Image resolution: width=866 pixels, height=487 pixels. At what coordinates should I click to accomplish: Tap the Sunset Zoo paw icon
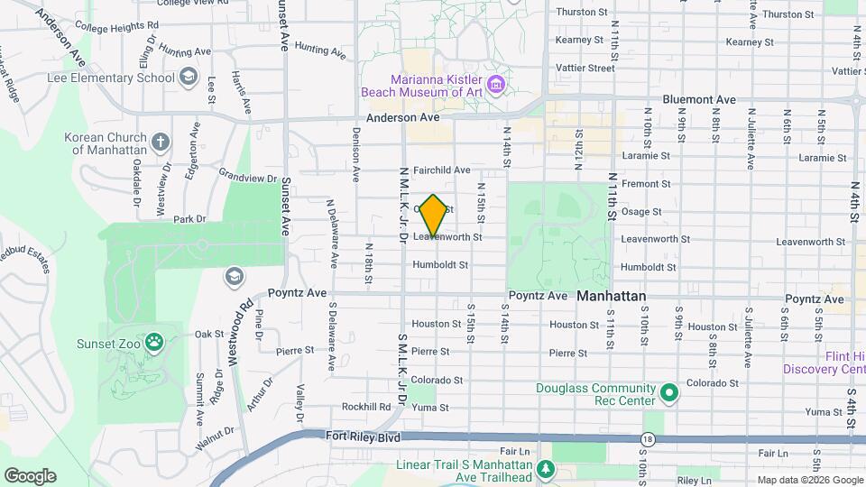point(155,342)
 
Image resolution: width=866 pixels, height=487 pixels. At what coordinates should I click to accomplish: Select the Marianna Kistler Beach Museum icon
point(495,86)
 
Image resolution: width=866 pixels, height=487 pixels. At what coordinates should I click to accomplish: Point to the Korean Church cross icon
point(160,142)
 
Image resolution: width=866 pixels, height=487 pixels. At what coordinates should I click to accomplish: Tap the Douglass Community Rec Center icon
point(668,393)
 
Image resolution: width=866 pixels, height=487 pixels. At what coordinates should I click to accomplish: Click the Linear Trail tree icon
point(545,468)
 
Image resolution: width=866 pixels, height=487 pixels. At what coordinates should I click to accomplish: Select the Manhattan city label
point(612,296)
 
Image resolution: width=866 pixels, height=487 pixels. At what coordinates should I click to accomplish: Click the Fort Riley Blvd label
point(363,436)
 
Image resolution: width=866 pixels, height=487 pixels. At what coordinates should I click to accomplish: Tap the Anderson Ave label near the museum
point(402,118)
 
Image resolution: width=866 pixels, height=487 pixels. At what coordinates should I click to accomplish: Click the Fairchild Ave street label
point(441,170)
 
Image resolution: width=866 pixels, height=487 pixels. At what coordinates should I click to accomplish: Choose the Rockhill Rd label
point(365,407)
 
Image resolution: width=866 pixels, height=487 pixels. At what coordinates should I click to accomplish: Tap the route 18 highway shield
point(647,439)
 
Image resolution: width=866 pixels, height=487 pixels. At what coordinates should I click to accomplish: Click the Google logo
point(30,475)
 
